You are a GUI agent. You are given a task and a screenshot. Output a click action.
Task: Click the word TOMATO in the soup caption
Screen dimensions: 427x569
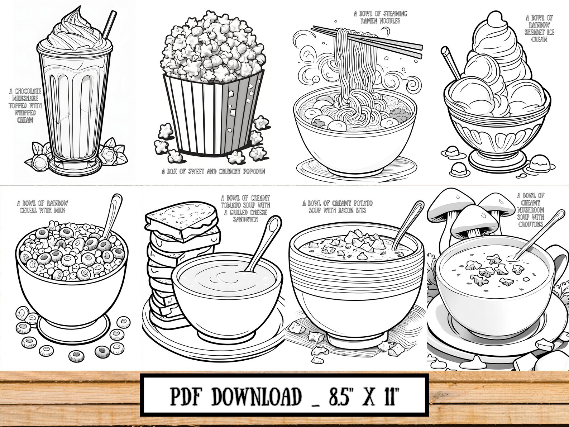(233, 205)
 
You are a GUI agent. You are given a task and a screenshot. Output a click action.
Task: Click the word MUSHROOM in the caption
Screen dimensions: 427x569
(531, 210)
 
